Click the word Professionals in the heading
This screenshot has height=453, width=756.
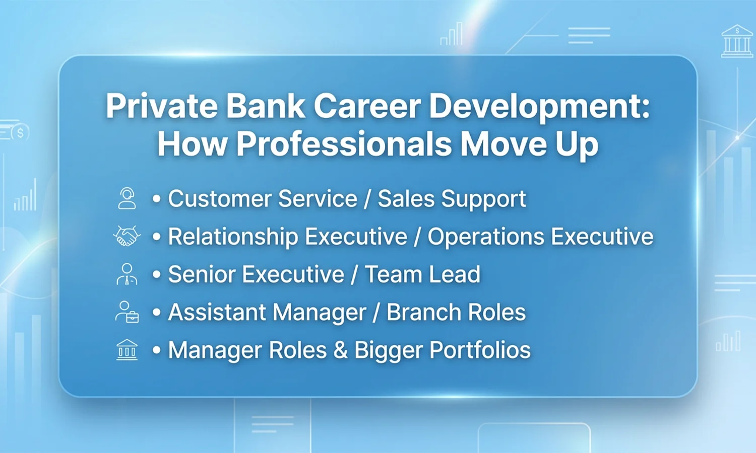[x=344, y=144]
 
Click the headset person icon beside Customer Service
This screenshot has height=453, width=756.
[x=127, y=198]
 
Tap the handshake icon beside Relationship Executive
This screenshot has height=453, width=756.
[x=127, y=236]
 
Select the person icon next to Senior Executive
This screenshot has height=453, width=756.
[x=127, y=274]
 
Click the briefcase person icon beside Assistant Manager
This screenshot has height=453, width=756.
[x=127, y=312]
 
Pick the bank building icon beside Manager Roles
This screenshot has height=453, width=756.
[x=127, y=350]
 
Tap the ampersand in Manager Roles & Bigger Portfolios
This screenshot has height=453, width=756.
[x=341, y=350]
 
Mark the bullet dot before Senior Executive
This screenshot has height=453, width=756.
[x=157, y=275]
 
